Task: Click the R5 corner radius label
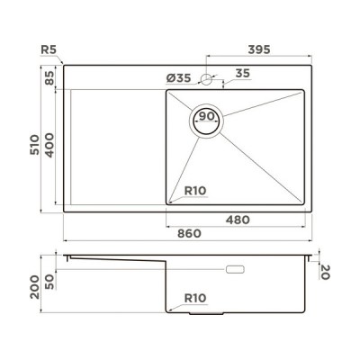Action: pos(49,50)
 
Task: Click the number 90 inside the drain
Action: pos(206,117)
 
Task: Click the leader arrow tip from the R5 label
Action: pos(65,65)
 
